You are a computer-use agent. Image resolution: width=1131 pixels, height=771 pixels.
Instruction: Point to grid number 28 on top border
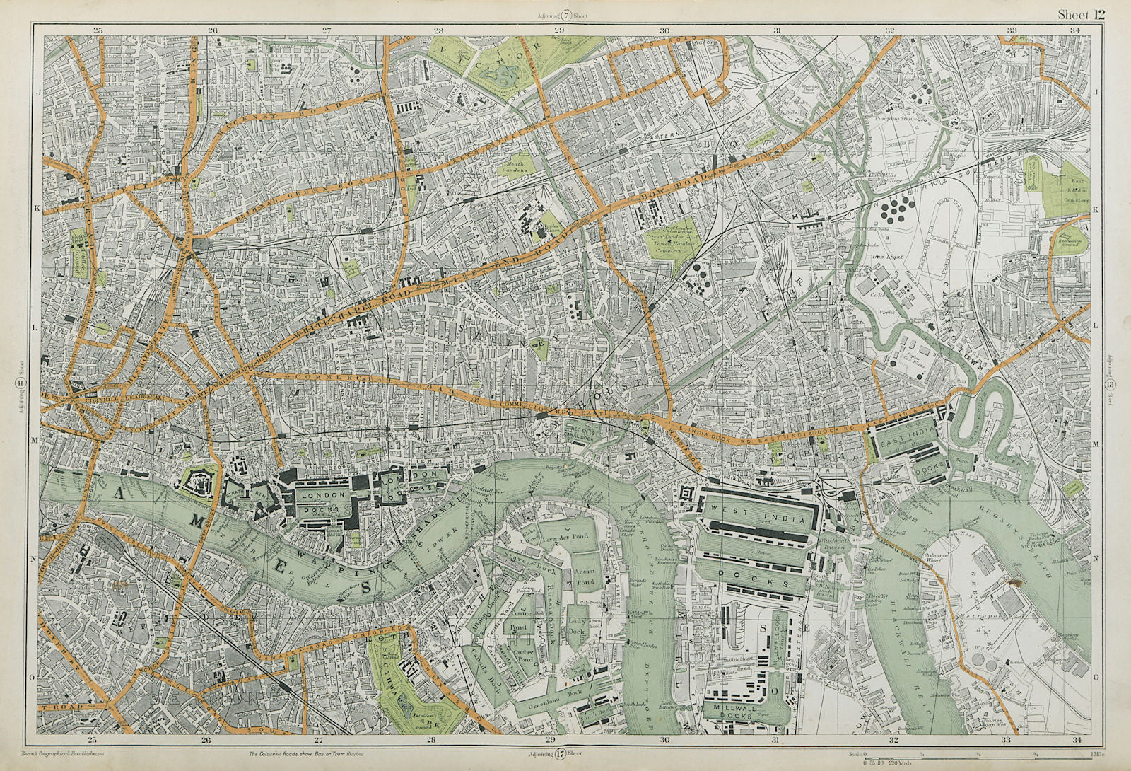click(438, 30)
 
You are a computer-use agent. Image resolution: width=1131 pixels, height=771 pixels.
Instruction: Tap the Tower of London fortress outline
click(194, 484)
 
